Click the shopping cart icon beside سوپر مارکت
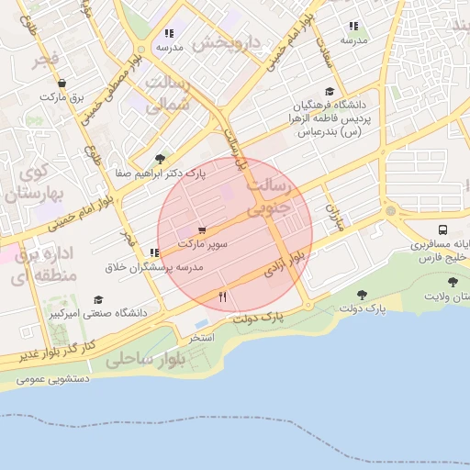pyautogui.click(x=201, y=230)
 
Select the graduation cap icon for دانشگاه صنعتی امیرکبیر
pyautogui.click(x=98, y=300)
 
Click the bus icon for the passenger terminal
pyautogui.click(x=443, y=230)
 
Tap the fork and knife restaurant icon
pyautogui.click(x=222, y=297)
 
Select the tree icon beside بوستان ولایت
pyautogui.click(x=452, y=282)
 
